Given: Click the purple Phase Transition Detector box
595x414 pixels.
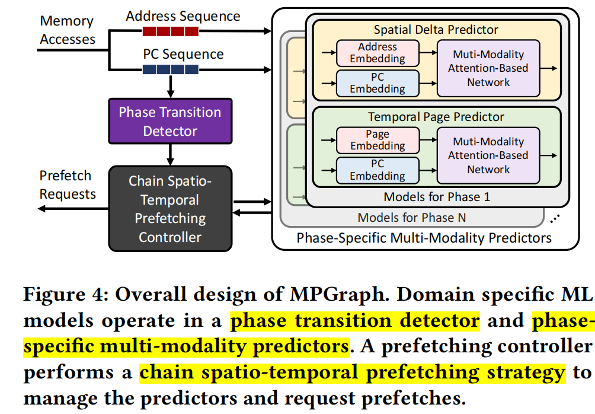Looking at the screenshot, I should click(169, 121).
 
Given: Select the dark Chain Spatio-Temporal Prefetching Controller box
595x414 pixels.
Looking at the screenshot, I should click(169, 208).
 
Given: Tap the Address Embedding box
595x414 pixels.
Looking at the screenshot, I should click(378, 53).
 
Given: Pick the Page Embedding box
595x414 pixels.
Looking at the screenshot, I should click(378, 140).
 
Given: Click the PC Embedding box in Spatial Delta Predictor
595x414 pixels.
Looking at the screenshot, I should click(378, 83).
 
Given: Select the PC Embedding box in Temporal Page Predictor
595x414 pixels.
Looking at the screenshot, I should click(378, 170).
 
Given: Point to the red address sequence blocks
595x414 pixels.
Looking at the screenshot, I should click(171, 31).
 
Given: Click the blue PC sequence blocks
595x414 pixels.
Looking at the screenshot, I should click(171, 69).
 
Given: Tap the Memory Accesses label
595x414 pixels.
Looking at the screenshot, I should click(67, 30).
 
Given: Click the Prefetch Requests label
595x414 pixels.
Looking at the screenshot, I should click(67, 184).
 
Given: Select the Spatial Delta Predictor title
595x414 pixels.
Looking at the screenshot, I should click(436, 30).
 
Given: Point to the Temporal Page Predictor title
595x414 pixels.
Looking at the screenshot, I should click(436, 117).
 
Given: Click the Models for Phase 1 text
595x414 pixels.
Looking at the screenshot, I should click(437, 197).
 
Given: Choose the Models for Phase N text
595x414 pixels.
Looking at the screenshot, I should click(411, 218).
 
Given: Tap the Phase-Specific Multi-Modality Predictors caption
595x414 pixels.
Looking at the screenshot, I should click(424, 238).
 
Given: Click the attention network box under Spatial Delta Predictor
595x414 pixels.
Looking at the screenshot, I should click(488, 68).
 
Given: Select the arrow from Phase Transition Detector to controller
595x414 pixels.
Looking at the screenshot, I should click(170, 154).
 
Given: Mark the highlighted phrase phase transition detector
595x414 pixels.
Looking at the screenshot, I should click(354, 321).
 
